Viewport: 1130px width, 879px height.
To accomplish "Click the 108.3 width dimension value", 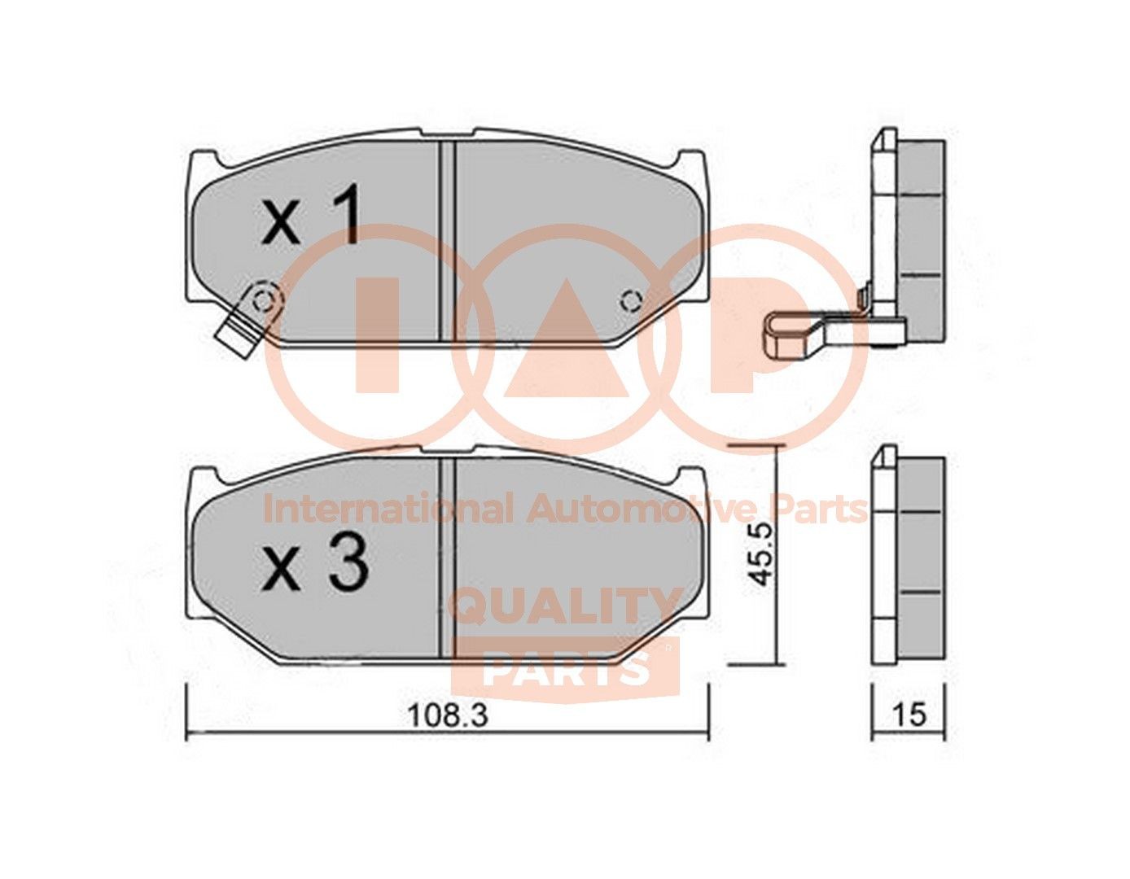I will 446,715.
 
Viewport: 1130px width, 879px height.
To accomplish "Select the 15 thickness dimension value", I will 909,715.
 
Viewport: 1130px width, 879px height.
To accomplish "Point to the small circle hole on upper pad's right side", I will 629,301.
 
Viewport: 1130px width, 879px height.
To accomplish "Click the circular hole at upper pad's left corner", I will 262,300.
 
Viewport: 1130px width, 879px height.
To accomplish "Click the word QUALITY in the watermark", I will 566,606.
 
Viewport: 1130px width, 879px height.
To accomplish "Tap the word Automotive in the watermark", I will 634,510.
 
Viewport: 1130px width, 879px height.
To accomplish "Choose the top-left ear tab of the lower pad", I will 204,477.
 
